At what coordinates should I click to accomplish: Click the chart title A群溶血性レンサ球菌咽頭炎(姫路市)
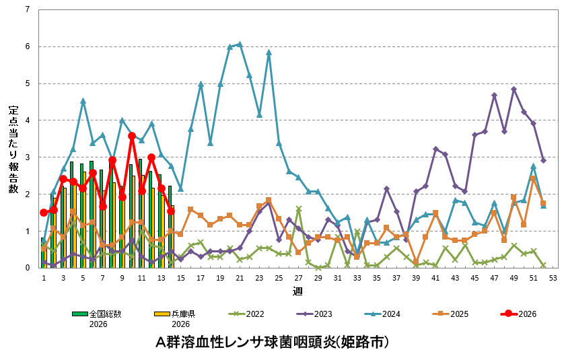pyautogui.click(x=273, y=342)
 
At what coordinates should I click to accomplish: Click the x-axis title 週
pyautogui.click(x=297, y=291)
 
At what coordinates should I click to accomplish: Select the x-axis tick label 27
pyautogui.click(x=298, y=277)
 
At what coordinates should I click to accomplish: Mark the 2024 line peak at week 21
pyautogui.click(x=240, y=44)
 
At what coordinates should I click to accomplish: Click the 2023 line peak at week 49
pyautogui.click(x=514, y=89)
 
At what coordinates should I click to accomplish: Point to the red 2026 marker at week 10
pyautogui.click(x=132, y=136)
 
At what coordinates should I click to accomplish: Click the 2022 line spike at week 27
pyautogui.click(x=298, y=209)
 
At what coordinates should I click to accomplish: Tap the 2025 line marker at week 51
pyautogui.click(x=534, y=178)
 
